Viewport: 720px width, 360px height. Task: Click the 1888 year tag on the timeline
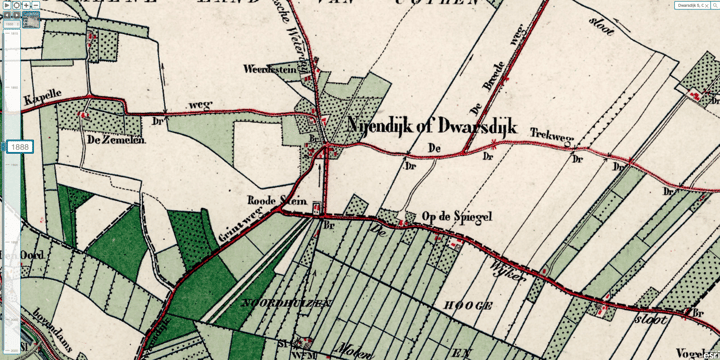(20, 147)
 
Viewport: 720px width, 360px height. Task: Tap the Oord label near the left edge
(32, 256)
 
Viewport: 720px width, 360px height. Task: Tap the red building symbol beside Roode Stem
(316, 209)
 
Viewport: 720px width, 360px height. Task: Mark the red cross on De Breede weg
(507, 78)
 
